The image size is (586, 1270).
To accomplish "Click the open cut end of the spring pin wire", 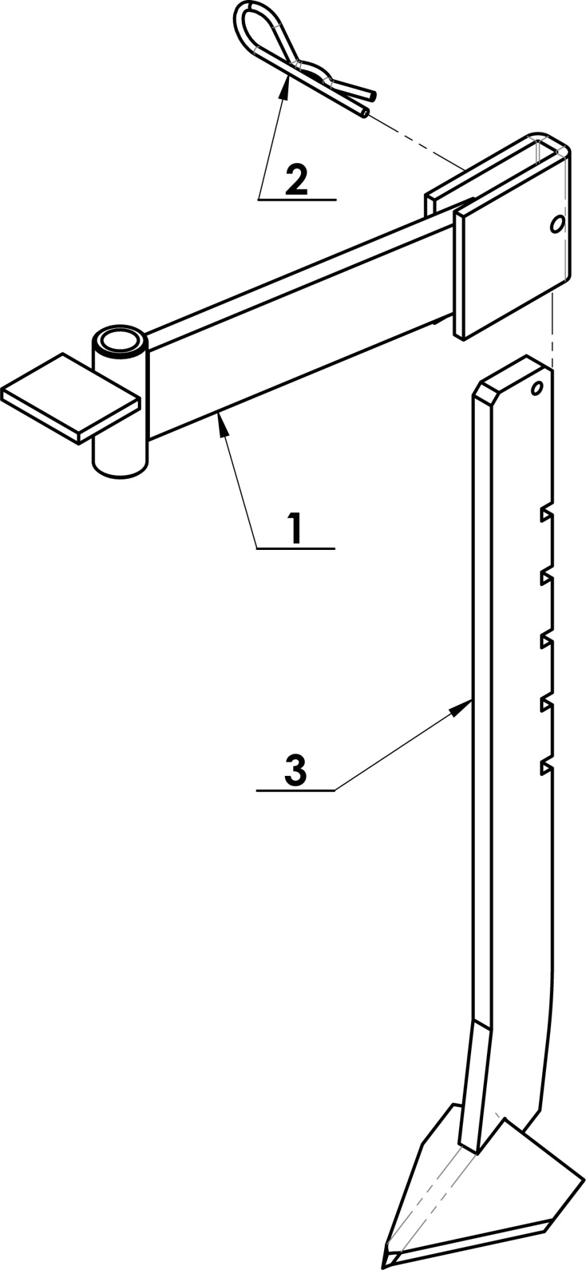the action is pyautogui.click(x=362, y=113).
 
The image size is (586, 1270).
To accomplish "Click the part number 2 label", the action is pyautogui.click(x=296, y=180).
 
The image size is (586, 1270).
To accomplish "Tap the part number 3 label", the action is pyautogui.click(x=296, y=770).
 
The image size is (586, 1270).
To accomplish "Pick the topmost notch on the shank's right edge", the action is pyautogui.click(x=546, y=514).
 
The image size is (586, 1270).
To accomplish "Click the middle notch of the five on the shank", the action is pyautogui.click(x=546, y=640).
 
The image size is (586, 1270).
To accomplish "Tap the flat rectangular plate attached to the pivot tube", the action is pyautogui.click(x=70, y=397).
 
